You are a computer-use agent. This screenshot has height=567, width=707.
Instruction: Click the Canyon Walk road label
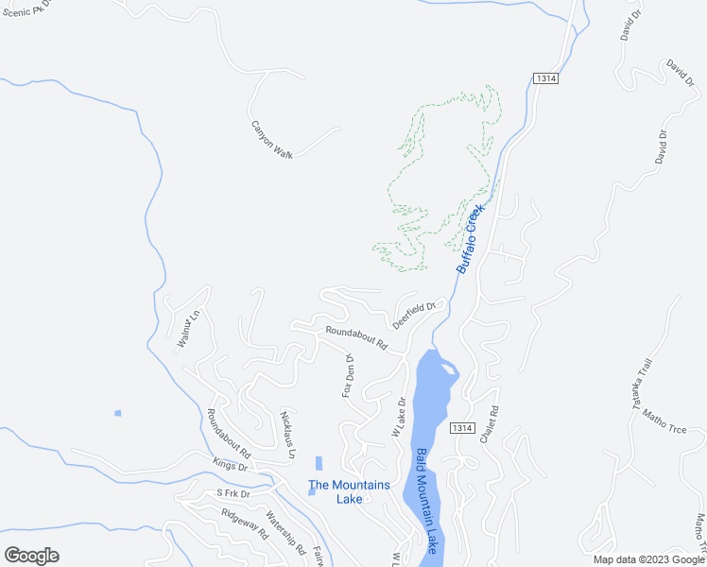pyautogui.click(x=271, y=139)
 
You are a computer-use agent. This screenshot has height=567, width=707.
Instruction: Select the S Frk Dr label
pyautogui.click(x=232, y=493)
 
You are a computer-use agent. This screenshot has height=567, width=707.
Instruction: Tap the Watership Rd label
pyautogui.click(x=285, y=533)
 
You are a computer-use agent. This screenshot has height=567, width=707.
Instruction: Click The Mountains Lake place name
pyautogui.click(x=349, y=491)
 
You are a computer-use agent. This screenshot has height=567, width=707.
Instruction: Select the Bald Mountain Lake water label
pyautogui.click(x=427, y=500)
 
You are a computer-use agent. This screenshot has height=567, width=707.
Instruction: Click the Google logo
pyautogui.click(x=31, y=555)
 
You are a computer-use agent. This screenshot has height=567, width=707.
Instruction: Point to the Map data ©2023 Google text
pyautogui.click(x=648, y=559)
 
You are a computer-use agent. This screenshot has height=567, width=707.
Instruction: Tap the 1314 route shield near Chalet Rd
pyautogui.click(x=461, y=428)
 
